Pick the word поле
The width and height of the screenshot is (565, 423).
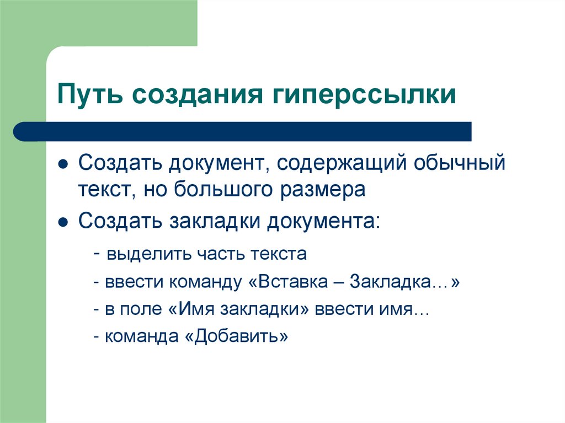[x=140, y=309]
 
